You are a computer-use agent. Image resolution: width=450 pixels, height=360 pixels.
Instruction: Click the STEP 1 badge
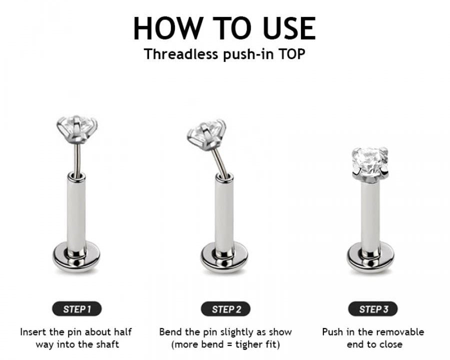(76, 309)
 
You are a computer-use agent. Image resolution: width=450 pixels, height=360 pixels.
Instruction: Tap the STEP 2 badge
(225, 309)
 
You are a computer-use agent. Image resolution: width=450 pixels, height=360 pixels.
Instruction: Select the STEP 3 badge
(373, 309)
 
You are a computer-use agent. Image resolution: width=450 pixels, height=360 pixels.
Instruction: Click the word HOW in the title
(167, 28)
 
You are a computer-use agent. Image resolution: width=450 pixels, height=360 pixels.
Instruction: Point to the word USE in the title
(289, 28)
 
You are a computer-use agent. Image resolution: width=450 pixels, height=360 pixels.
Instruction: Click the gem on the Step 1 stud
(77, 129)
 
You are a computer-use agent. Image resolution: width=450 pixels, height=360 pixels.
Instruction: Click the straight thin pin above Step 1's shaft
(76, 159)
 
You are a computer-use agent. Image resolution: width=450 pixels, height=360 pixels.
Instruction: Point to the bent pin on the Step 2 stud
(219, 161)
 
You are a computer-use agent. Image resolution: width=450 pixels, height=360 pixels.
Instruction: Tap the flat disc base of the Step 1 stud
(76, 257)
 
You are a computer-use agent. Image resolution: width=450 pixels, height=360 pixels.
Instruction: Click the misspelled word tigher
(246, 344)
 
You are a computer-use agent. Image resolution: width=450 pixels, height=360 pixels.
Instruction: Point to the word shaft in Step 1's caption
(107, 344)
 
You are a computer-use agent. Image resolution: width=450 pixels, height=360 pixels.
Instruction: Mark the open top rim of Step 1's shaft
(76, 175)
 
